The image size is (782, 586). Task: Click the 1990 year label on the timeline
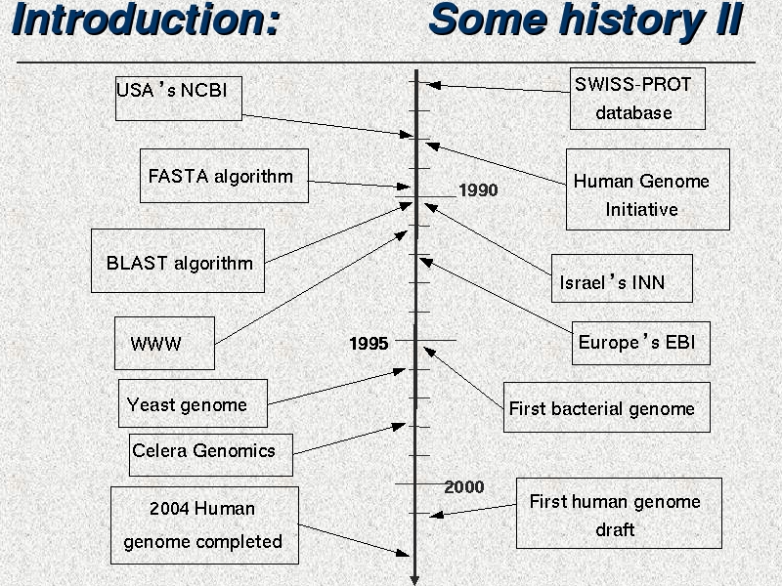click(478, 189)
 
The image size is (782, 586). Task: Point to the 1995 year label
click(369, 344)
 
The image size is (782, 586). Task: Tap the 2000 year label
click(463, 486)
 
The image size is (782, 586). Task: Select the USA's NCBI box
click(179, 99)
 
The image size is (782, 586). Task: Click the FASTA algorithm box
click(224, 176)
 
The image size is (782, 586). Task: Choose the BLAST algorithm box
click(178, 261)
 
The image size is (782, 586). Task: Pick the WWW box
click(164, 344)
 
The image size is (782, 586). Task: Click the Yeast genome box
click(193, 403)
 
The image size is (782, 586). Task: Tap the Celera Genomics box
click(211, 455)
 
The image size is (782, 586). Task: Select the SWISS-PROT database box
click(637, 99)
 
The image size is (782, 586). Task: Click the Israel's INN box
click(622, 278)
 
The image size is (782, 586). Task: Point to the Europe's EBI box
click(641, 344)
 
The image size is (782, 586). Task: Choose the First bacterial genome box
click(607, 407)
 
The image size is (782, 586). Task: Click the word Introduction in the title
click(146, 20)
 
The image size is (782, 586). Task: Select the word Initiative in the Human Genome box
click(641, 209)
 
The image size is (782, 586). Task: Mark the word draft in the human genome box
click(615, 529)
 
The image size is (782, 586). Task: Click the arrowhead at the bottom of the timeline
click(414, 580)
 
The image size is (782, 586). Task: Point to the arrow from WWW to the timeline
click(311, 287)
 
